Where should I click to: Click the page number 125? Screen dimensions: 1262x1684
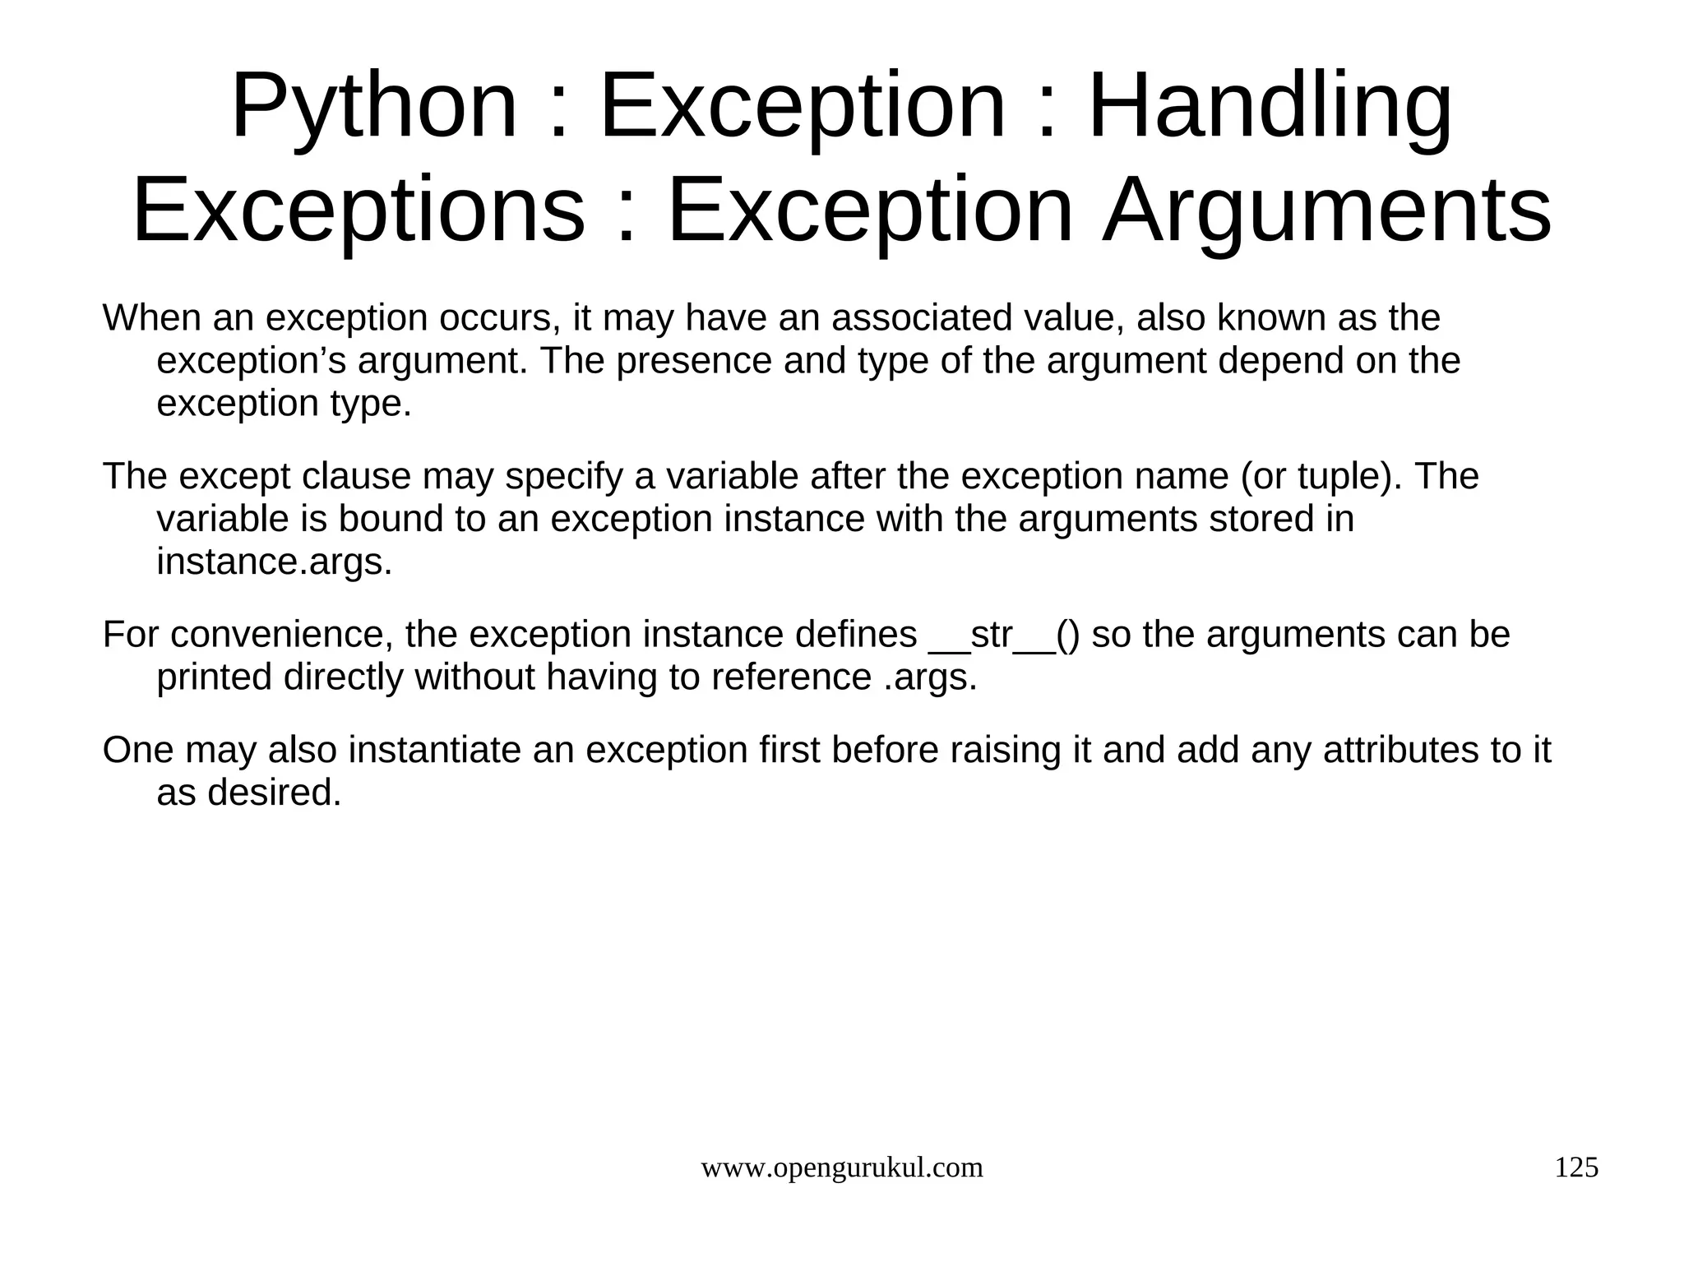tap(1576, 1167)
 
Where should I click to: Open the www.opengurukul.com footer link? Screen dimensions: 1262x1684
tap(841, 1167)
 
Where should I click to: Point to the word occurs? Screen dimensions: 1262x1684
tap(500, 318)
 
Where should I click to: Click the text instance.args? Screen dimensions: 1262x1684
tap(275, 562)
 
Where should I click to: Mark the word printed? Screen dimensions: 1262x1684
tap(214, 678)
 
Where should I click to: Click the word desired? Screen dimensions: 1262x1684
tap(274, 793)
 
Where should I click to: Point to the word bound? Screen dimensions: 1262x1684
tap(391, 520)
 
